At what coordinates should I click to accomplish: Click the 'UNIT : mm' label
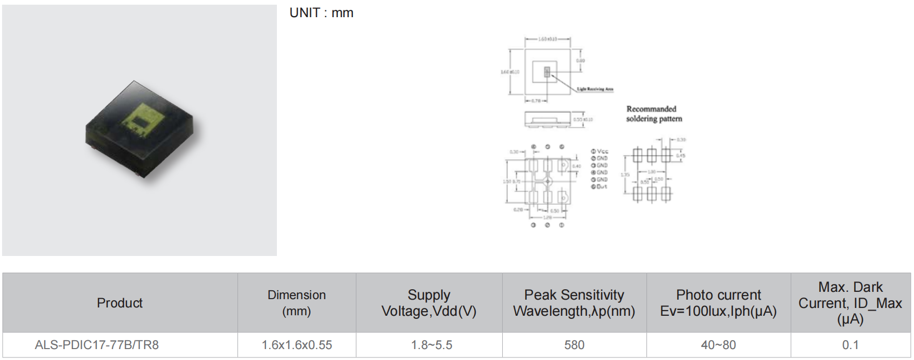(321, 13)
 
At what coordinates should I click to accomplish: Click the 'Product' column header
(120, 303)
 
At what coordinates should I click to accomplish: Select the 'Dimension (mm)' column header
(297, 303)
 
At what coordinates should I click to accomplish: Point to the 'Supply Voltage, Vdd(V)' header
(429, 303)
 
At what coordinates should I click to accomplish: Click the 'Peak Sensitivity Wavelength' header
(574, 303)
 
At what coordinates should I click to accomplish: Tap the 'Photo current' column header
(718, 303)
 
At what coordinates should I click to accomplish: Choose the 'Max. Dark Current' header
(850, 303)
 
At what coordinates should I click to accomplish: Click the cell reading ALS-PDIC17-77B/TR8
(97, 345)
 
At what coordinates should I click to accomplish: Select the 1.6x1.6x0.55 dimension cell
(297, 345)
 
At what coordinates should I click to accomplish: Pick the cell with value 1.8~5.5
(431, 345)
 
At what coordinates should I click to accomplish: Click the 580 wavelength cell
(574, 345)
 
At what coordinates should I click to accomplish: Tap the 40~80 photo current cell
(718, 345)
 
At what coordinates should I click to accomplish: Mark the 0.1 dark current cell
(850, 345)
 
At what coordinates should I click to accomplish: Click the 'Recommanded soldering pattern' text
(653, 114)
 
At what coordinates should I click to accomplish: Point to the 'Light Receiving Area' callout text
(595, 89)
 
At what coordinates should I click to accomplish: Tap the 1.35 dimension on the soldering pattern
(625, 175)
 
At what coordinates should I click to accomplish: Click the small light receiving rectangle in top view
(547, 72)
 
